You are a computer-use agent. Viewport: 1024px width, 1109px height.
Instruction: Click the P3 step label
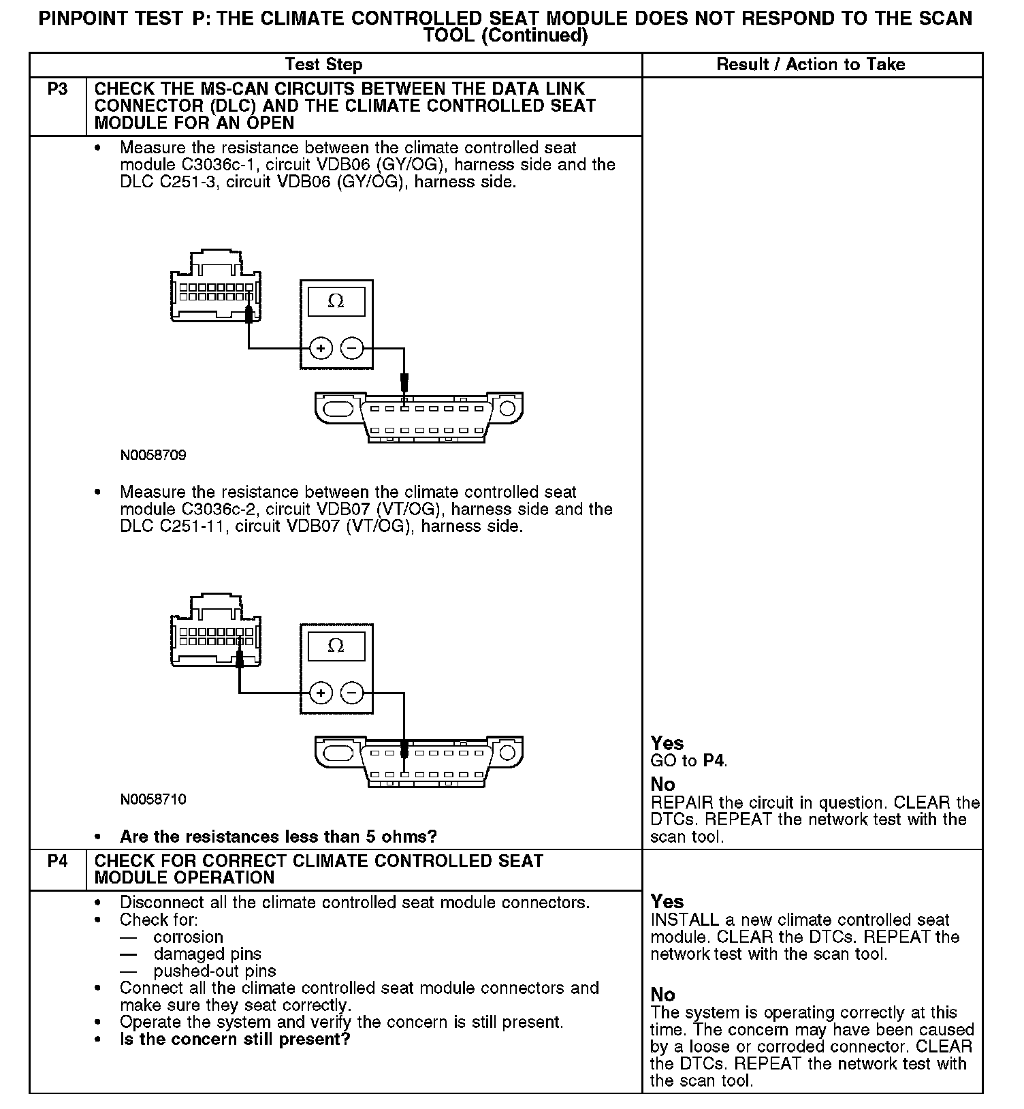pos(57,89)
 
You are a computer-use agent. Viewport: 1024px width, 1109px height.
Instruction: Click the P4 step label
pos(57,861)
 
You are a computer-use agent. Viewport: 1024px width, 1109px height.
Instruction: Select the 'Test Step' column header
pos(323,65)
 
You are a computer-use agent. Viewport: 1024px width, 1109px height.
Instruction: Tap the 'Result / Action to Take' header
pos(811,65)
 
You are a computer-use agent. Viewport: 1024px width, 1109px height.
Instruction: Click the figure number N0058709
pos(153,455)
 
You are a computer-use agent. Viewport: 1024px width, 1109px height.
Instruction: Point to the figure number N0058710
pos(153,799)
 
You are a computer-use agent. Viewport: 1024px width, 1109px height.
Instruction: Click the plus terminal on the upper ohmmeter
pos(321,349)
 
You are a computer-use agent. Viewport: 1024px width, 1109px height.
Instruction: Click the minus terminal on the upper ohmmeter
pos(352,349)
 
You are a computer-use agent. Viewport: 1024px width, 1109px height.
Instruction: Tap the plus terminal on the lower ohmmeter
pos(321,693)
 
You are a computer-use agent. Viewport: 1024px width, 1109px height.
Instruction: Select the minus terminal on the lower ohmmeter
pos(352,693)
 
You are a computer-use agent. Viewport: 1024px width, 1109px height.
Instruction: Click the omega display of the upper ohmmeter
pos(336,301)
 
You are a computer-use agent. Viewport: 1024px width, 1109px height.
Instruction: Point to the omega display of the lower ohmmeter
pos(336,646)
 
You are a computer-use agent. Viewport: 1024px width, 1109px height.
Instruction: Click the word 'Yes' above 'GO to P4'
pos(667,743)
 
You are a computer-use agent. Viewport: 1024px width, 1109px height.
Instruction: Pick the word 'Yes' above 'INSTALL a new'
pos(667,901)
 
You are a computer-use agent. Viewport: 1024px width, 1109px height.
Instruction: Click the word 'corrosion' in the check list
pos(189,937)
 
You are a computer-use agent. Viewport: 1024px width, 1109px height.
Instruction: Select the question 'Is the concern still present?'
pos(235,1040)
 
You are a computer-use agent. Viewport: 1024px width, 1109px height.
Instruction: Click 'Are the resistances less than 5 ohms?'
pos(278,837)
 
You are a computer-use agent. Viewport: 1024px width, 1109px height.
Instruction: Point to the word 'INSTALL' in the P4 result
pos(684,920)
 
